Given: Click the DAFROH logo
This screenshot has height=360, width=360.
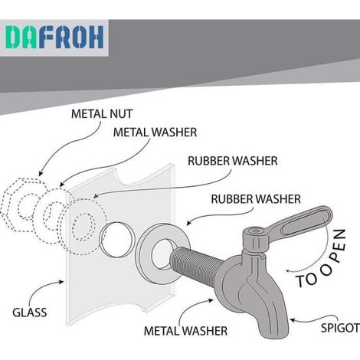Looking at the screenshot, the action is [x=54, y=37].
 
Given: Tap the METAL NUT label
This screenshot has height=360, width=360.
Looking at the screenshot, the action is [x=102, y=114].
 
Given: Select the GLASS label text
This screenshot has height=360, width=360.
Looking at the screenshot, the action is [x=30, y=313].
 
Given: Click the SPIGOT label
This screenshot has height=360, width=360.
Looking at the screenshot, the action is [x=340, y=328].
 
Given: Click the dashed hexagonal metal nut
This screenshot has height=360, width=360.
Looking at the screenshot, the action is [x=24, y=205].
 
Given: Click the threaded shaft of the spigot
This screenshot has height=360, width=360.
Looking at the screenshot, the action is [x=197, y=263].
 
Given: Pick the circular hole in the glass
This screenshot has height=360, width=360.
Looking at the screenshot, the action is [x=116, y=240].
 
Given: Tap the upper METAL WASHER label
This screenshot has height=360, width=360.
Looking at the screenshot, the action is [x=155, y=133].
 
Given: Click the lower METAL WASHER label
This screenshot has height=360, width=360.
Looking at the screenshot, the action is [x=185, y=331].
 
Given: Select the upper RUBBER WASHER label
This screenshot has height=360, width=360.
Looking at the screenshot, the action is [x=233, y=161].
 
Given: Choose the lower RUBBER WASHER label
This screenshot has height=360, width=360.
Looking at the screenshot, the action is [x=256, y=199].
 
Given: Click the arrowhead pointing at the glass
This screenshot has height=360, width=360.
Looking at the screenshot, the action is [x=61, y=282].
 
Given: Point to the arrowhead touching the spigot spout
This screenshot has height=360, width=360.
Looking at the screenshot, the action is [x=293, y=319].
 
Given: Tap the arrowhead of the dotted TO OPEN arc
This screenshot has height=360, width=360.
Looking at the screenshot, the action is [x=288, y=270].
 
